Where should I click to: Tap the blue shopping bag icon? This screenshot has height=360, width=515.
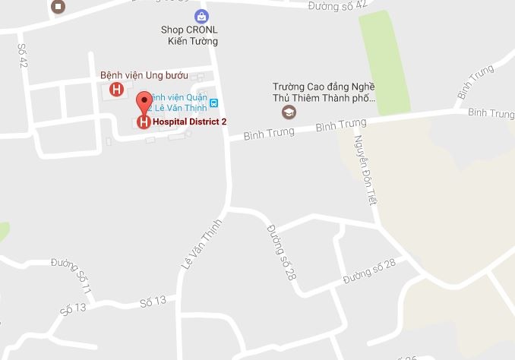coord(201,15)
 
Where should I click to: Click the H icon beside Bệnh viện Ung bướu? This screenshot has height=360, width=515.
coord(116,90)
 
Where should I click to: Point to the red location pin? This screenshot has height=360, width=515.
coord(144,104)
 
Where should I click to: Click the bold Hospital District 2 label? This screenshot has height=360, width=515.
coord(189,122)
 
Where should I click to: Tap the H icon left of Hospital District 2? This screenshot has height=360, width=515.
coord(143,122)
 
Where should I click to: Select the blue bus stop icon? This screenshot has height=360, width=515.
coord(214,103)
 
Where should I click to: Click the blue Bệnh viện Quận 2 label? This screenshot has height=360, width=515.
coord(180,103)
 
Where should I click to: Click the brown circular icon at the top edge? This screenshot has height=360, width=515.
coord(59,6)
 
